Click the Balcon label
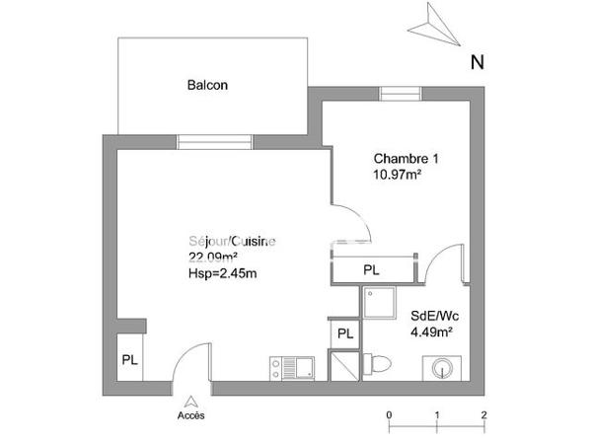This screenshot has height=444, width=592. coord(207,85)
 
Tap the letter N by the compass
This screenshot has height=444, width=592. coord(477,62)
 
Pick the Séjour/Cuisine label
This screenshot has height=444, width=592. coord(232,242)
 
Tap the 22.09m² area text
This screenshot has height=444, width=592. coord(213,258)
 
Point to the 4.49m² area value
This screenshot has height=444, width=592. coord(431,332)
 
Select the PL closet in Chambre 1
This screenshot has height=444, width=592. coord(371,268)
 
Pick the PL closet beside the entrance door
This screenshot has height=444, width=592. coord(129,360)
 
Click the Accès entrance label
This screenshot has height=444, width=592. coord(191,415)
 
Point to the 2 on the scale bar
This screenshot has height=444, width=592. coord(483,414)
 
